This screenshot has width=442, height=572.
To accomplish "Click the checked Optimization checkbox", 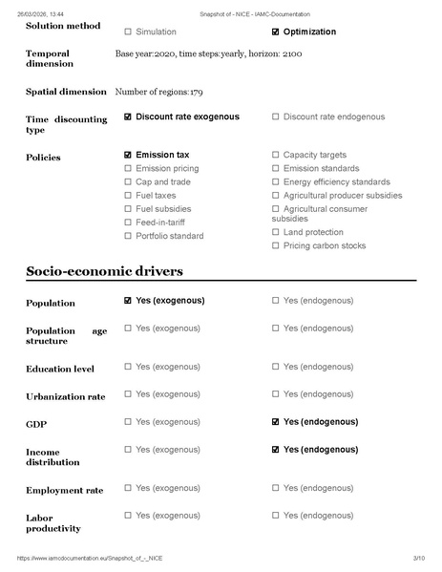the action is click(x=276, y=32).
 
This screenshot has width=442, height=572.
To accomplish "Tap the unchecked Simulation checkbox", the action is click(x=128, y=32).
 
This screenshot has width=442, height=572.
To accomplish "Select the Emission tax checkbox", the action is click(x=128, y=155).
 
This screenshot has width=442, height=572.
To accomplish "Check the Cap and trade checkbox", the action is click(x=128, y=181).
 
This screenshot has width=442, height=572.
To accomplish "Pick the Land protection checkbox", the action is click(x=276, y=232).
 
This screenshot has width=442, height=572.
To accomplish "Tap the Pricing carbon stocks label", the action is click(x=324, y=245).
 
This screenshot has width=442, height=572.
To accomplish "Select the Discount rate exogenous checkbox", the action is click(x=128, y=117).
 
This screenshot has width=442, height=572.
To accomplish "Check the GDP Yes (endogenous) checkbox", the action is click(x=276, y=422).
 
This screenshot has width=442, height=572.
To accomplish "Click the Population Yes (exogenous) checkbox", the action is click(x=128, y=301).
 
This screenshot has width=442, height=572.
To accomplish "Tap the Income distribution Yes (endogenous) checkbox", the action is click(x=276, y=450).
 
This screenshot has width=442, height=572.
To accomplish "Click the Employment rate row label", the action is click(x=64, y=490).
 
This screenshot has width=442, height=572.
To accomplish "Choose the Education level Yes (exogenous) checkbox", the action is click(x=128, y=367).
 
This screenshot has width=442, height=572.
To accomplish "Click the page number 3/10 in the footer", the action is click(x=417, y=558).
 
